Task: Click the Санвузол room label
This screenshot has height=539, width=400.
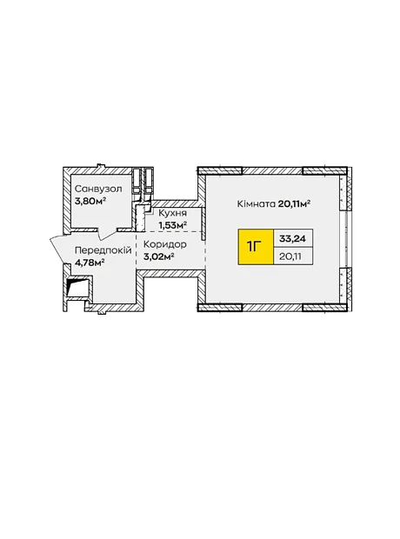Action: (98, 189)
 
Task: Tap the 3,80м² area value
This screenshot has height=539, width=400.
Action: (90, 201)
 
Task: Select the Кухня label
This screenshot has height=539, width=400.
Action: (172, 214)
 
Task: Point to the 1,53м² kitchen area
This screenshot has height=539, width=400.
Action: (172, 225)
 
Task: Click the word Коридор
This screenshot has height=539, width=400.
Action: (164, 244)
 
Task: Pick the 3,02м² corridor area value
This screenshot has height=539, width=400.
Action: (158, 256)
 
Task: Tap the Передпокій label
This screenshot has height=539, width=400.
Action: (103, 250)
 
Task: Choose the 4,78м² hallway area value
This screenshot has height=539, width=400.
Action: (90, 263)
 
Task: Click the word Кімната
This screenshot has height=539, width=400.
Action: (257, 203)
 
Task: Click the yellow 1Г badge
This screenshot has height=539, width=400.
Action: (256, 247)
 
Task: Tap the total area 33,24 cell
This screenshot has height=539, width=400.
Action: (293, 238)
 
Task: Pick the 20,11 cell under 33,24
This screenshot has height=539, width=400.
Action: (293, 256)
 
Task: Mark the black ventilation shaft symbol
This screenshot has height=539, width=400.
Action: (77, 286)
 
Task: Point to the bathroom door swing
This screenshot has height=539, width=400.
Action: (107, 234)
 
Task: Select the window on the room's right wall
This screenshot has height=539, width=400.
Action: (343, 238)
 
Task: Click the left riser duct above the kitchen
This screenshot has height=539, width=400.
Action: (137, 182)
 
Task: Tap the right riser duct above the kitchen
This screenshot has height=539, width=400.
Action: (148, 182)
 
